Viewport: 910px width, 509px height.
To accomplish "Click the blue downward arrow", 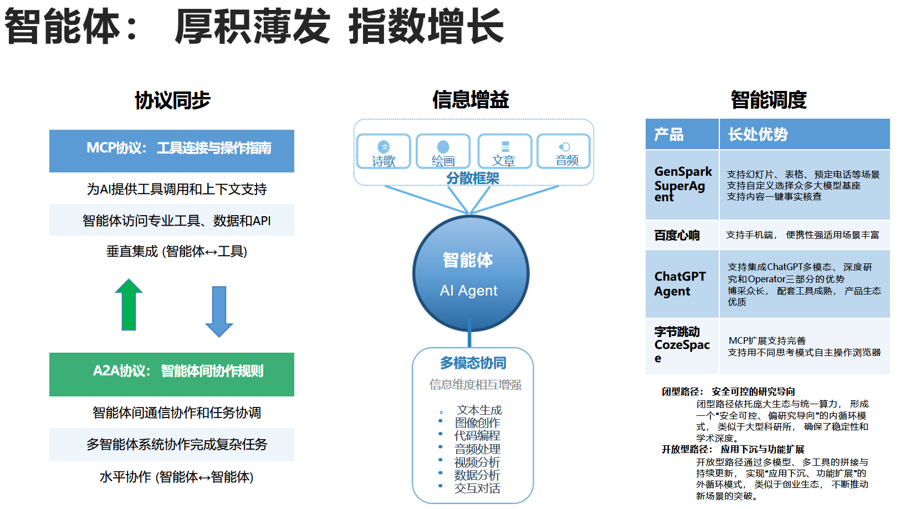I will click(219, 311).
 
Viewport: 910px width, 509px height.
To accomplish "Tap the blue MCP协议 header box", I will click(172, 151).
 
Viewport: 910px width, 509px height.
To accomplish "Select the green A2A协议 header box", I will click(172, 374).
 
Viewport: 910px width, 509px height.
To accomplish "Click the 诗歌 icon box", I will click(384, 151).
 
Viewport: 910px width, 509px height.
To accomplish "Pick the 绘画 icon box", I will click(443, 151).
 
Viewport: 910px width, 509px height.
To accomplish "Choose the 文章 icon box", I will click(504, 151).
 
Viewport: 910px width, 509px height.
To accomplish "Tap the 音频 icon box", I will click(564, 151).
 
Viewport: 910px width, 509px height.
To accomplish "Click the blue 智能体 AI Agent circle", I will click(471, 274).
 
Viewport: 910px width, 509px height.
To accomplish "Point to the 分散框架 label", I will click(473, 178).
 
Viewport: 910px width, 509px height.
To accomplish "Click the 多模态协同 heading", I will click(473, 363).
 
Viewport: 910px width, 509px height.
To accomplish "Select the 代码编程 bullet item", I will click(477, 436).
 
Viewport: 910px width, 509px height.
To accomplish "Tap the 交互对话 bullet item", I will click(477, 488).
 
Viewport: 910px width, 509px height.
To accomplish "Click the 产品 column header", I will click(682, 134).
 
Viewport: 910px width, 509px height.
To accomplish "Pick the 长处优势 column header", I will click(804, 134).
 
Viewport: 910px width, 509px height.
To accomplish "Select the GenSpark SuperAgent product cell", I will click(682, 184).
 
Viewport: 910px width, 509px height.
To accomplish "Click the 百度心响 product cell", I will click(682, 235).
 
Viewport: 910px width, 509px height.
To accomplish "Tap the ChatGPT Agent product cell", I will click(682, 284).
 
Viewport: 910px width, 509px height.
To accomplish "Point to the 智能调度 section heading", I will click(768, 100).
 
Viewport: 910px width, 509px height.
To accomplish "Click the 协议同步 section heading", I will click(172, 100).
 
